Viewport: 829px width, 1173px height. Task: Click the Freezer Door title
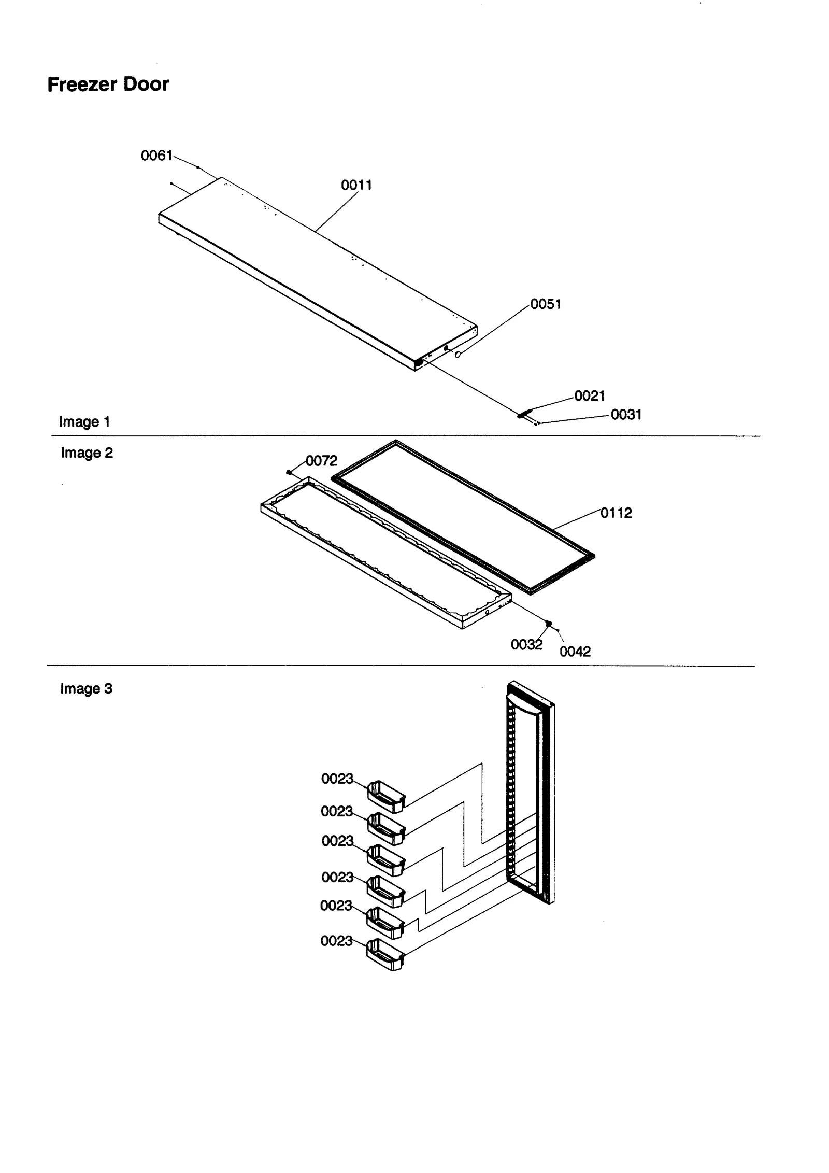pyautogui.click(x=108, y=84)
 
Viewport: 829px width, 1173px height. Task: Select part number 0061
pyautogui.click(x=156, y=156)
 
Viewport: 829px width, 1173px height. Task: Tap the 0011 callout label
pyautogui.click(x=356, y=185)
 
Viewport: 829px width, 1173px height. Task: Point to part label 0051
pyautogui.click(x=545, y=304)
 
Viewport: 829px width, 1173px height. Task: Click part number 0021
pyautogui.click(x=589, y=396)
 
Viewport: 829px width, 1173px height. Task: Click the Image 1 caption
pyautogui.click(x=84, y=422)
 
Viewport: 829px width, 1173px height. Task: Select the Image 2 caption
pyautogui.click(x=87, y=453)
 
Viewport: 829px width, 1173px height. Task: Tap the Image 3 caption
pyautogui.click(x=86, y=689)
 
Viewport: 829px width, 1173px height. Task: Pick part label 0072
pyautogui.click(x=321, y=461)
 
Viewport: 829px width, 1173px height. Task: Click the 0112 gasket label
pyautogui.click(x=616, y=513)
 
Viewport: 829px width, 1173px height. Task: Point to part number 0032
pyautogui.click(x=526, y=645)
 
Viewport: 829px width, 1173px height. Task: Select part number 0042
pyautogui.click(x=575, y=652)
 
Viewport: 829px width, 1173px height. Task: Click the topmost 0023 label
pyautogui.click(x=337, y=779)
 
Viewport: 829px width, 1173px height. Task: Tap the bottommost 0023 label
pyautogui.click(x=336, y=941)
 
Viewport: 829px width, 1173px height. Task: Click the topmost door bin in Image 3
pyautogui.click(x=385, y=797)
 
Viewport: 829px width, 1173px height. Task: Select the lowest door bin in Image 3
pyautogui.click(x=384, y=954)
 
